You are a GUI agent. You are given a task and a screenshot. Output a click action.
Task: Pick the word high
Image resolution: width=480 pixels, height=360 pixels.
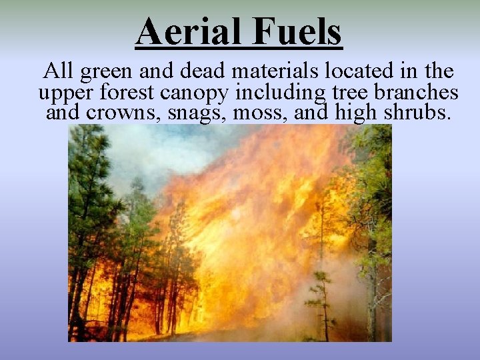(x=357, y=113)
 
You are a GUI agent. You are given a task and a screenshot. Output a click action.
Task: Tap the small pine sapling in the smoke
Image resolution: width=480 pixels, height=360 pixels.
(x=322, y=300)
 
